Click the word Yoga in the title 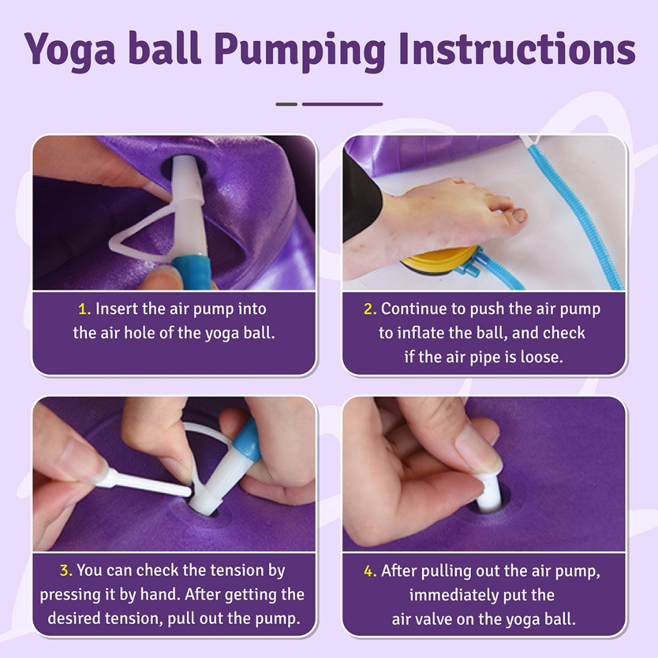tap(69, 50)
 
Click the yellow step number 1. tap(84, 309)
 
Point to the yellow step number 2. tap(369, 309)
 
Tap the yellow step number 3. tap(66, 571)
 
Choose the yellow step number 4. tap(369, 571)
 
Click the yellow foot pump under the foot tap(436, 261)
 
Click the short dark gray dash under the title tap(287, 104)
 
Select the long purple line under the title tap(342, 104)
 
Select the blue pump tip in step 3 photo tap(247, 441)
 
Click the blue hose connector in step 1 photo tap(191, 272)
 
